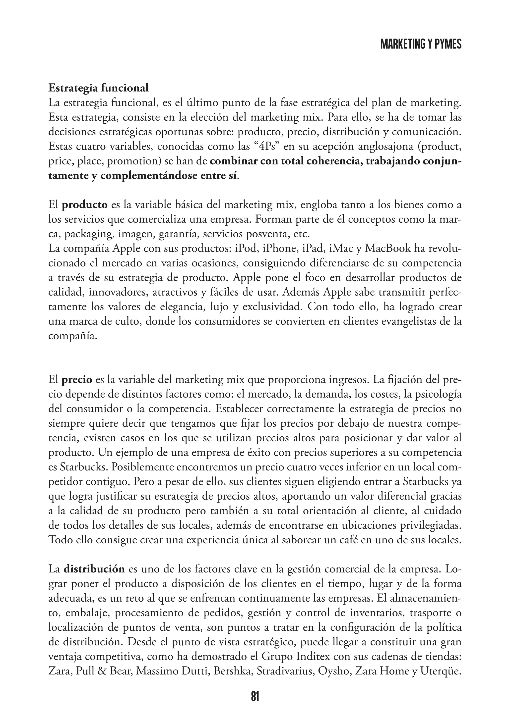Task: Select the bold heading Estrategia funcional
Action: point(98,88)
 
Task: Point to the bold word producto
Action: point(84,205)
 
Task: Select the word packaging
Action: point(84,234)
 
